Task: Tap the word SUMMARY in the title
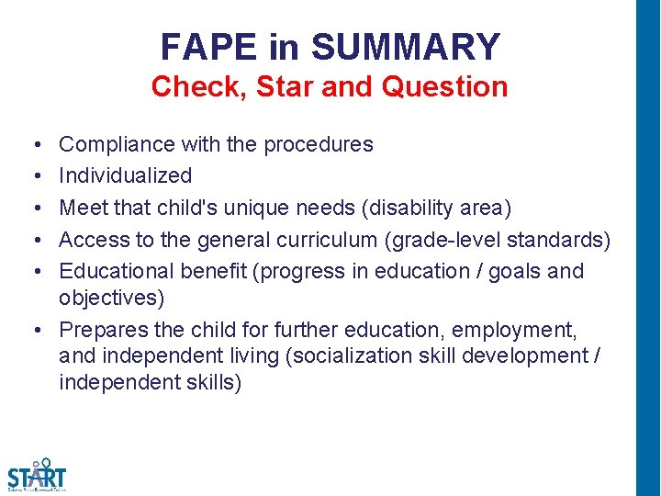(x=406, y=46)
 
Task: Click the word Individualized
(x=125, y=175)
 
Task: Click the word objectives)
(x=110, y=298)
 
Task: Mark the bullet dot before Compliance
(x=33, y=145)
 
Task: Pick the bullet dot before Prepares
(x=33, y=330)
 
